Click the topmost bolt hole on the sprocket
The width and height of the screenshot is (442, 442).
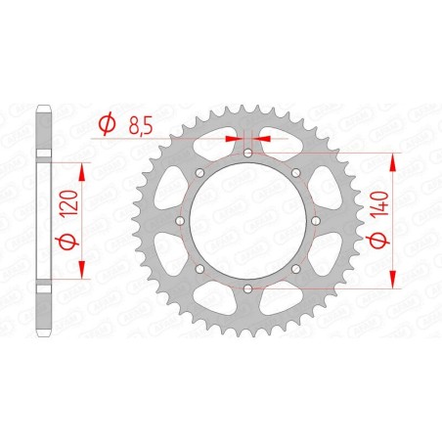tap(248, 154)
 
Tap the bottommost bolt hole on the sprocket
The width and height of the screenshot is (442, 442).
tap(248, 288)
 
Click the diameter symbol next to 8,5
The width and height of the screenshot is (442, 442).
tap(108, 125)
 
